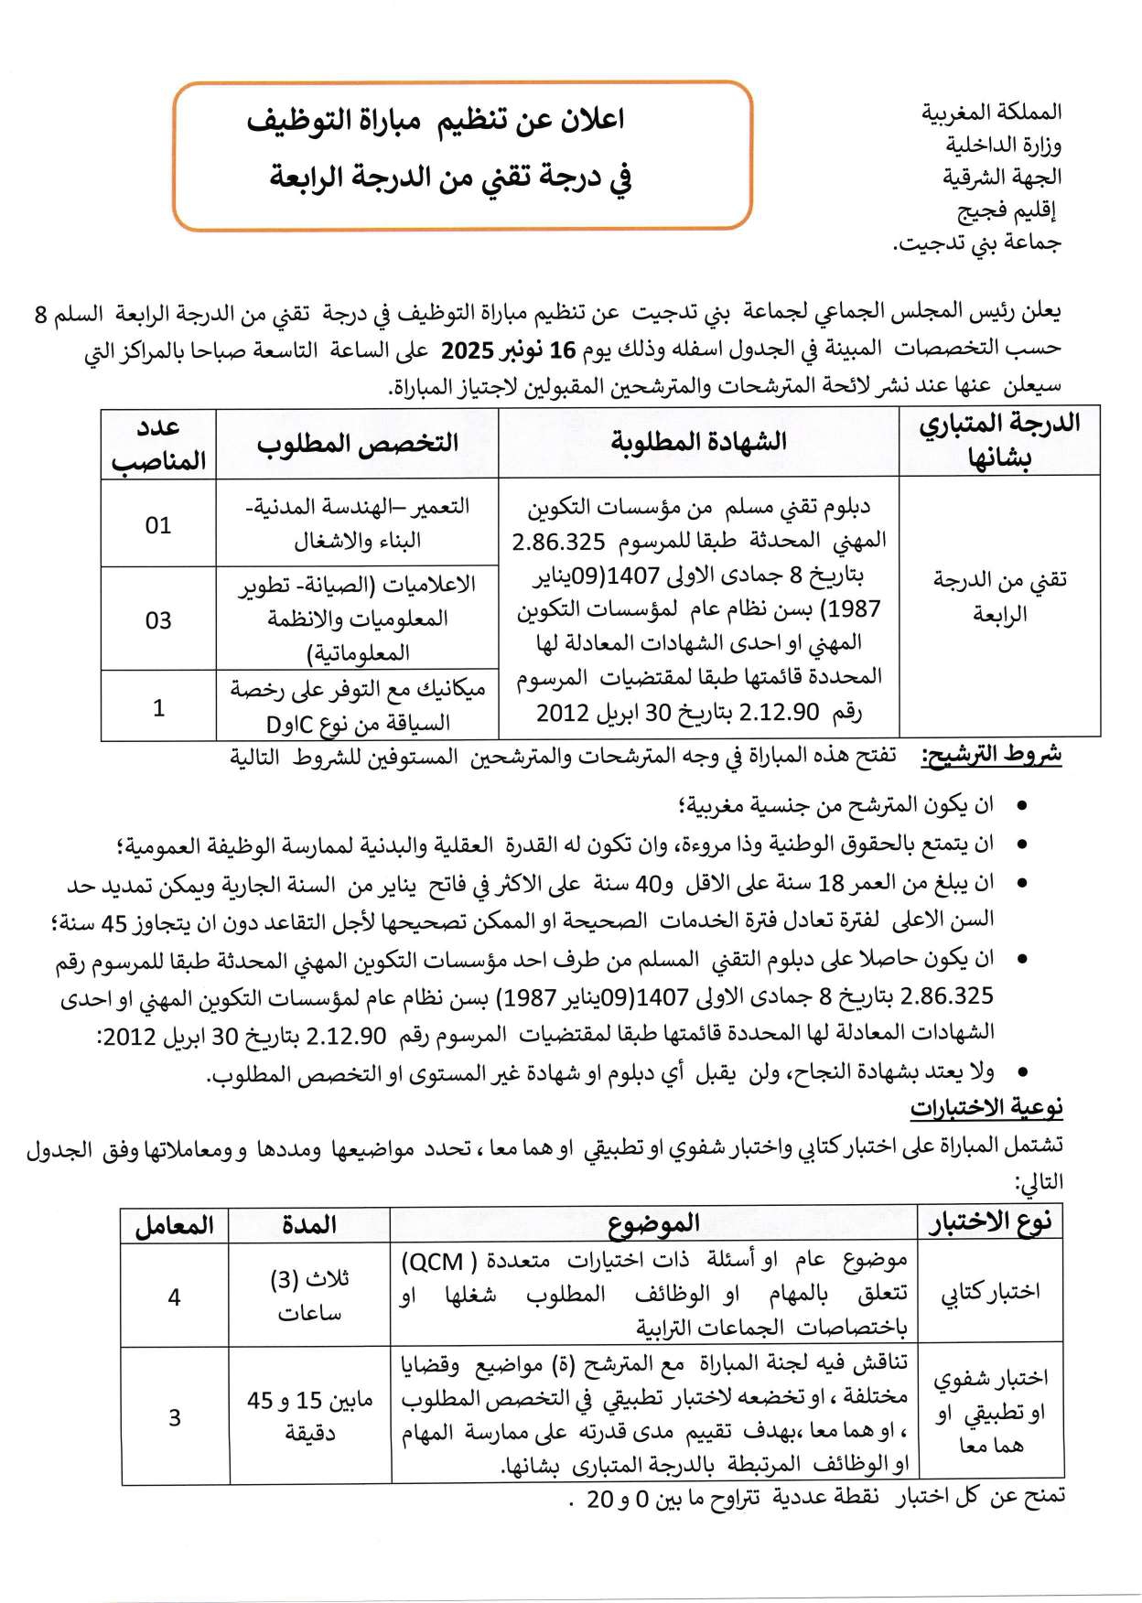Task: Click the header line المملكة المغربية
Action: click(x=991, y=114)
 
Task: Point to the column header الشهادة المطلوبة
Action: click(x=698, y=442)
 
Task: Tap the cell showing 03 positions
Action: click(x=158, y=620)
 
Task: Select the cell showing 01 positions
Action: click(x=158, y=525)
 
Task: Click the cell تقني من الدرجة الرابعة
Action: click(x=999, y=596)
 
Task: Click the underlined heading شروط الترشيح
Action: click(x=992, y=756)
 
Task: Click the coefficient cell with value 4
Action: click(x=175, y=1296)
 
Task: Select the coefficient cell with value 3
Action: click(x=175, y=1417)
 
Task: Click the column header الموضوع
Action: click(x=653, y=1223)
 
